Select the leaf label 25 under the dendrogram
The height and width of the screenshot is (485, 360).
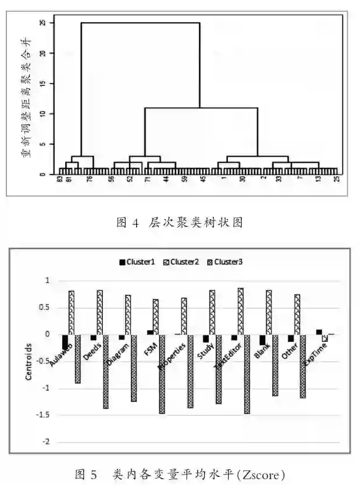tap(336, 180)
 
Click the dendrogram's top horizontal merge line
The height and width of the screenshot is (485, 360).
tap(140, 23)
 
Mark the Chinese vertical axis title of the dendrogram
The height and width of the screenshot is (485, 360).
tap(26, 99)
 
